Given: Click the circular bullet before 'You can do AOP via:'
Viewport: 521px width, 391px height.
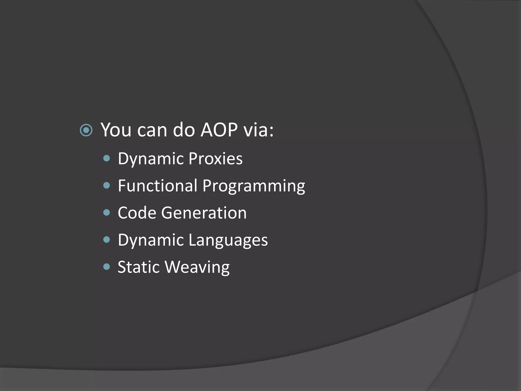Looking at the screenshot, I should pos(86,131).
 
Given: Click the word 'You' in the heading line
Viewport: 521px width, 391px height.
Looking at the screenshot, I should pos(116,130).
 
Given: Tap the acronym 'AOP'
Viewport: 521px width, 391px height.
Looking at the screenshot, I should pos(219,130).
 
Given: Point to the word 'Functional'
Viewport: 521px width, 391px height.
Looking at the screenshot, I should pos(157,186).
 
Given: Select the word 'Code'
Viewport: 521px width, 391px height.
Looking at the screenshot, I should pos(137,213).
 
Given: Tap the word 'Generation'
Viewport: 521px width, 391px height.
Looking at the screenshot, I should pos(204,213).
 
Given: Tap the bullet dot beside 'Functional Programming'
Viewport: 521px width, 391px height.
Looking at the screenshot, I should pos(107,186).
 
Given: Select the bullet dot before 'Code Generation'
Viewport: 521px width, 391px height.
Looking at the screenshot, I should pos(107,213).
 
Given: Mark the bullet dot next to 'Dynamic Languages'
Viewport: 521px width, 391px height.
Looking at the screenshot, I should pos(107,240).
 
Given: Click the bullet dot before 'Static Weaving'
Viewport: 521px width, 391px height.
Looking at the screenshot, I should pos(107,267).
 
